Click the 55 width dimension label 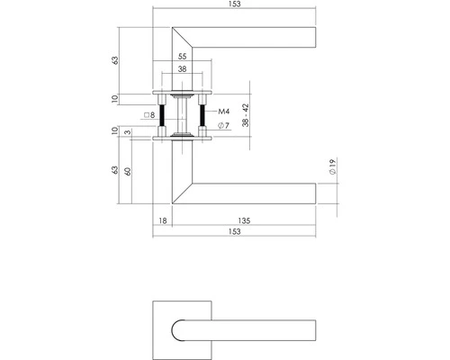coord(184,56)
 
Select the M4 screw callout coord(224,112)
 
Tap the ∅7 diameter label coord(224,126)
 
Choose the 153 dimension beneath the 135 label coord(235,233)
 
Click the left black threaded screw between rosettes coord(164,113)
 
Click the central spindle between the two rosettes coord(184,113)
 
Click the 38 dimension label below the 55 coord(184,68)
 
